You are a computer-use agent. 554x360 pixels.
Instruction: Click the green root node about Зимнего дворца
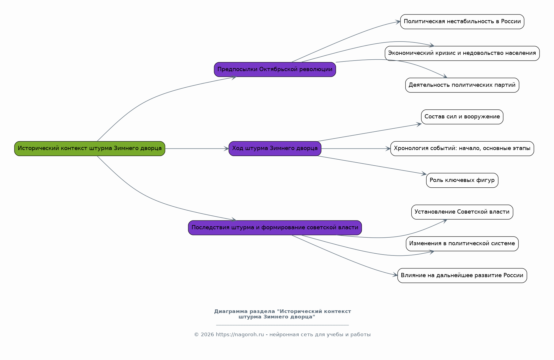click(x=90, y=149)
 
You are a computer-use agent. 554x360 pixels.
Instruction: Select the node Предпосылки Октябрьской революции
click(x=275, y=69)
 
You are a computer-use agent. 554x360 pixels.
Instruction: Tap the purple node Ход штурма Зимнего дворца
click(x=275, y=149)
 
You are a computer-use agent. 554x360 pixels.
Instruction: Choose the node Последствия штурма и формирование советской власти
click(x=275, y=228)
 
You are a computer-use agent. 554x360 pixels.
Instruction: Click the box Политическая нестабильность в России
click(x=462, y=22)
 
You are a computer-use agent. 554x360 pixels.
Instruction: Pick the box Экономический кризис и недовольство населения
click(x=462, y=53)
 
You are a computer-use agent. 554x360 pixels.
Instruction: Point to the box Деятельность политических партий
click(x=462, y=85)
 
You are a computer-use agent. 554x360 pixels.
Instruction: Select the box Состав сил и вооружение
click(x=462, y=117)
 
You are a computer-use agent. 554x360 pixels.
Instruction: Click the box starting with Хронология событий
click(x=462, y=149)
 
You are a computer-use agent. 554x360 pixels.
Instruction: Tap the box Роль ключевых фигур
click(x=462, y=180)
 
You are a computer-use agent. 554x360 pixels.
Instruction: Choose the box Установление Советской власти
click(x=462, y=212)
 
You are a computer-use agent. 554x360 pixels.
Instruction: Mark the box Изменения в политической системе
click(x=462, y=244)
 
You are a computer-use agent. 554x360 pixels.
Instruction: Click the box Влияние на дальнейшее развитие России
click(x=462, y=275)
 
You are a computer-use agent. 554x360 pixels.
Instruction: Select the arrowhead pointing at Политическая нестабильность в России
click(x=398, y=22)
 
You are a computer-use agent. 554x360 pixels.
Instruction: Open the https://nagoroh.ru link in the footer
click(x=240, y=335)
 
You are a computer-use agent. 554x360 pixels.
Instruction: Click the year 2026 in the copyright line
click(x=207, y=335)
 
